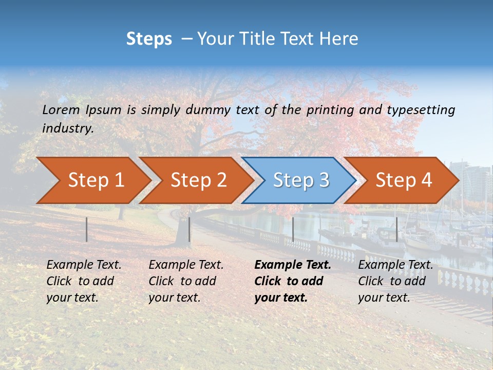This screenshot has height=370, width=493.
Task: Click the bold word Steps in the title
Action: point(149,39)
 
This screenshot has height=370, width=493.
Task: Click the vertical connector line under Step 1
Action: point(87,229)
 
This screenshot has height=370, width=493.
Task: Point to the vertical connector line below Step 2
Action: point(189,229)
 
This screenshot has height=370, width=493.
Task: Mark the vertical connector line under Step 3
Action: point(293,229)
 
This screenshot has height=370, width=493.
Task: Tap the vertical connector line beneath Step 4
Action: point(396,229)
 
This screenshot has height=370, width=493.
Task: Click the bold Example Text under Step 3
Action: point(293,281)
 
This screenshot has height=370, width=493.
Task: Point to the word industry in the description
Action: point(68,128)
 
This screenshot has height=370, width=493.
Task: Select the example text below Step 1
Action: point(84,281)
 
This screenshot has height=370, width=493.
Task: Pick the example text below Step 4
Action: point(395,281)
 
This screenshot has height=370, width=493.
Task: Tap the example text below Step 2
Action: point(186,281)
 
